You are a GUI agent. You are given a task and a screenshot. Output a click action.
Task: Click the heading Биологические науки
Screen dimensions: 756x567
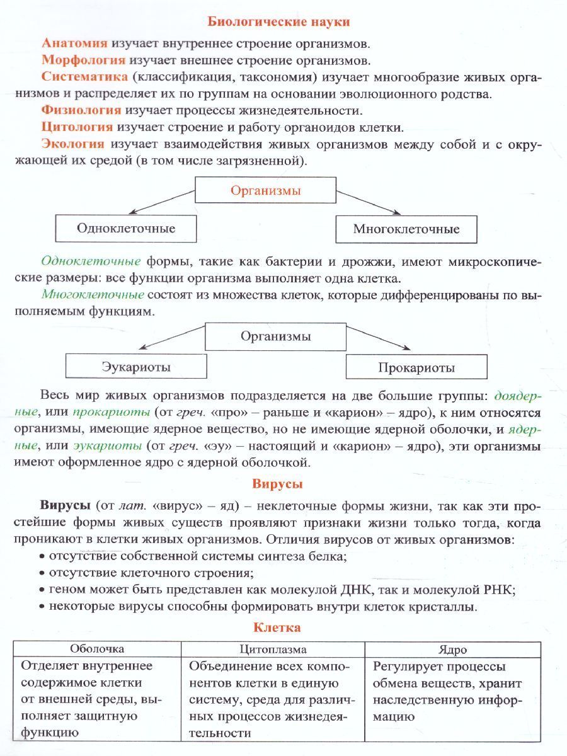(x=278, y=21)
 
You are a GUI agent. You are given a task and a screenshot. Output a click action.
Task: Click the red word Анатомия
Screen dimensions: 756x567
(x=75, y=43)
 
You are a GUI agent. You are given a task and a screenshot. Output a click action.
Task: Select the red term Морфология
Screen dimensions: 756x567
(x=84, y=60)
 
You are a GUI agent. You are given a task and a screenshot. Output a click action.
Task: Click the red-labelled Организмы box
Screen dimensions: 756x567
(x=265, y=190)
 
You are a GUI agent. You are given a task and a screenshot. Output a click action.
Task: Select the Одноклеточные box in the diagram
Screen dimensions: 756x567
(x=126, y=228)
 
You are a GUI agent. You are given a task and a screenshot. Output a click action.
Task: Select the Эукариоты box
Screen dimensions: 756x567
(x=136, y=366)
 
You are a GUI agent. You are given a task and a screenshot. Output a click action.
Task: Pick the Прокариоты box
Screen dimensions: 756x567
(x=416, y=367)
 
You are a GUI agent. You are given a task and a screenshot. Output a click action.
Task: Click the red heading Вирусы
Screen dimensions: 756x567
(x=278, y=484)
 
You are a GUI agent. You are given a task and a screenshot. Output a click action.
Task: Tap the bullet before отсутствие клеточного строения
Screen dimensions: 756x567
(x=42, y=573)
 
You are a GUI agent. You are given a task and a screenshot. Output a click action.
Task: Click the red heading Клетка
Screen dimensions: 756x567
(x=277, y=627)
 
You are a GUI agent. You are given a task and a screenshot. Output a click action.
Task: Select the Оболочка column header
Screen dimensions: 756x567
(x=97, y=649)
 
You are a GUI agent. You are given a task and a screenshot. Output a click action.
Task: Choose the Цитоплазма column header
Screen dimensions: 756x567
(x=273, y=649)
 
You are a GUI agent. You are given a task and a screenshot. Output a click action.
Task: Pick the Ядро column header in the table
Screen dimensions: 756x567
(x=452, y=650)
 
